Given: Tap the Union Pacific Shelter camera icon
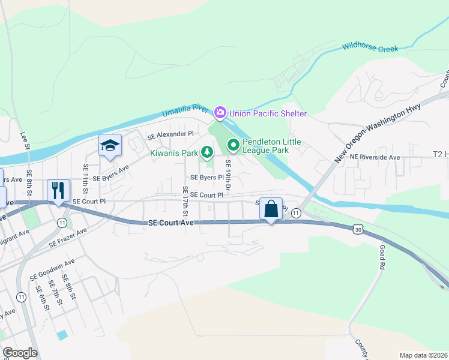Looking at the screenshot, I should (x=220, y=112).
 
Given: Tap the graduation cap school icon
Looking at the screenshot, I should (x=110, y=145).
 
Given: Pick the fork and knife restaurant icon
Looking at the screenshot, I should (x=59, y=191).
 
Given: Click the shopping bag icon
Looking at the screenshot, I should (x=271, y=209).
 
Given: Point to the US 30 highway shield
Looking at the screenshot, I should (x=358, y=229).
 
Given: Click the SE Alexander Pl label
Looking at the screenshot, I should (x=171, y=134).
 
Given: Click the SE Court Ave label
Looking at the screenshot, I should (x=171, y=223).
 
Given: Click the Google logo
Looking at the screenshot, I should (x=20, y=352).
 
